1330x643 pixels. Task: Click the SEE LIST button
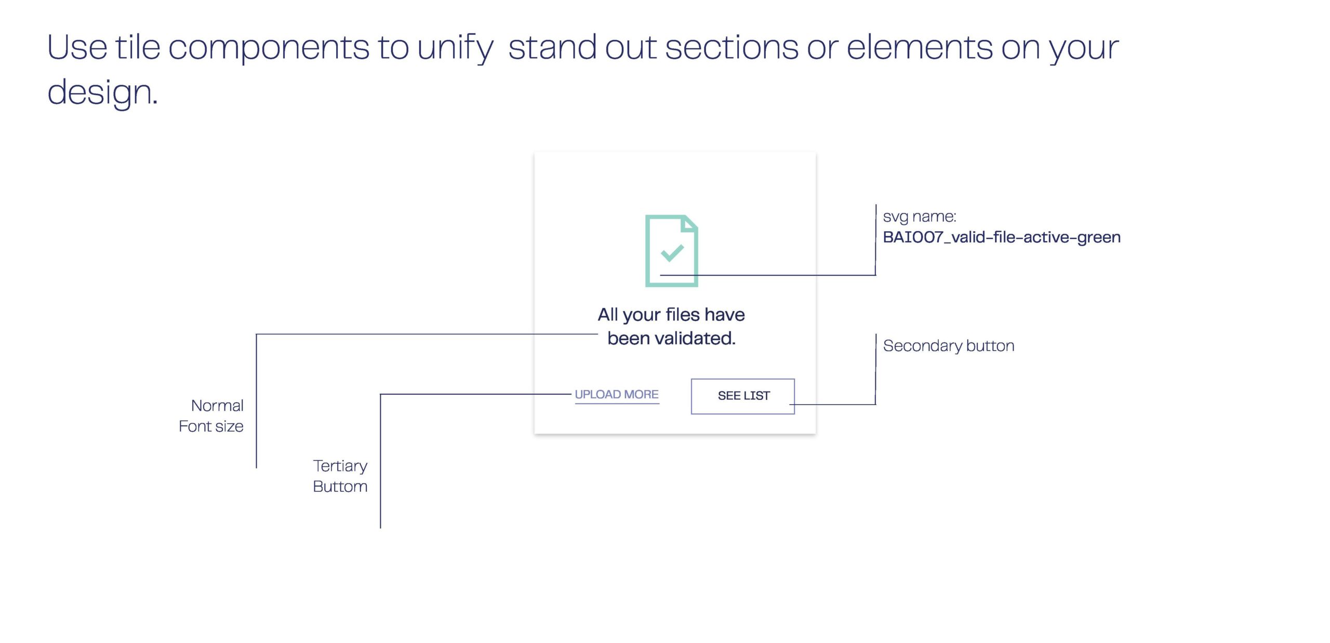[743, 396]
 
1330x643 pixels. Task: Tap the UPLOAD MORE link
[616, 394]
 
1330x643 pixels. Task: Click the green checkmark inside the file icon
[672, 252]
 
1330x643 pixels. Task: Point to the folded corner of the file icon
[689, 223]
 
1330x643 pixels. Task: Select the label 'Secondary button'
[948, 346]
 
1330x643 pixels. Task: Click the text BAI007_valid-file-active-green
[1001, 237]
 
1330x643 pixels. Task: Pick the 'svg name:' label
[919, 217]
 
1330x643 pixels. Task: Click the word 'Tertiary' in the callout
[340, 466]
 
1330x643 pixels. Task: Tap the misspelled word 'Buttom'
[340, 487]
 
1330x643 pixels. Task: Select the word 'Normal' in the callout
[217, 406]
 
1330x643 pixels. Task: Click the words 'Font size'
[211, 426]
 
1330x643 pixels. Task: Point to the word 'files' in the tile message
[682, 315]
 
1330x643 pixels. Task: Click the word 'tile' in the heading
[138, 47]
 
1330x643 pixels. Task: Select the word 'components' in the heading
[269, 48]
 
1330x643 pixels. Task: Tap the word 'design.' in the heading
[102, 93]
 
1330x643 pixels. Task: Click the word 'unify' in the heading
[455, 48]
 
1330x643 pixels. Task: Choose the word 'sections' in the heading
[731, 47]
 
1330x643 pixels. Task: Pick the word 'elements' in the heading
[920, 47]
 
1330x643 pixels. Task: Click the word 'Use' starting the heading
[77, 47]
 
